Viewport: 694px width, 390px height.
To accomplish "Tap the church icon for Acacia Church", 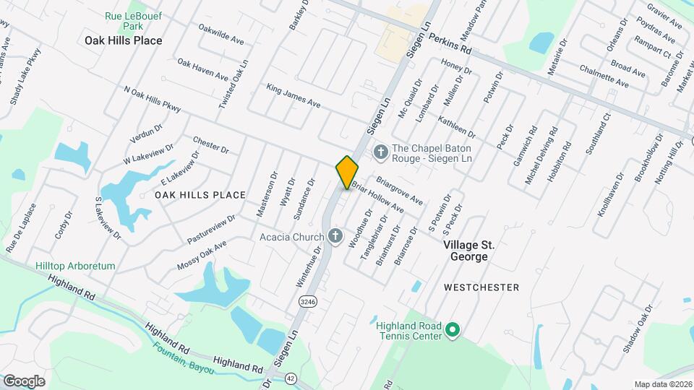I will click(x=335, y=236).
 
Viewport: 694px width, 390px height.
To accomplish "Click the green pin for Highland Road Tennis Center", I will click(x=453, y=331).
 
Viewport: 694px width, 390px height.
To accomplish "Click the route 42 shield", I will click(x=291, y=378).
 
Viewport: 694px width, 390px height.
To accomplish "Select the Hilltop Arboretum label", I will click(x=75, y=266).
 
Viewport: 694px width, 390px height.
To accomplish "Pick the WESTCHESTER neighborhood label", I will click(x=481, y=287).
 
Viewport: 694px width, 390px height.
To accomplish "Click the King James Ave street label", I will click(x=293, y=95).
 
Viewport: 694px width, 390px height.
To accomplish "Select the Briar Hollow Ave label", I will click(x=378, y=197).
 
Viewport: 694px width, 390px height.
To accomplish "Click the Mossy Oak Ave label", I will click(x=202, y=256).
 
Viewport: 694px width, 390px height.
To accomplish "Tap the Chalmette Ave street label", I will click(x=604, y=75).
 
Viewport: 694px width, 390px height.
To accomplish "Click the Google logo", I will click(x=24, y=381).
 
